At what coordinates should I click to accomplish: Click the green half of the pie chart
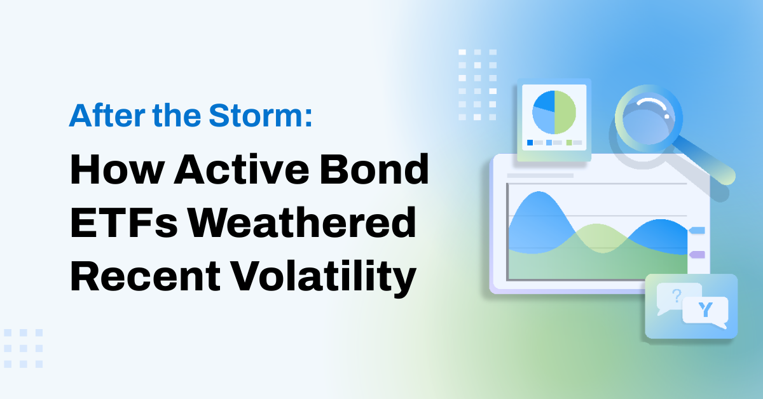coord(565,111)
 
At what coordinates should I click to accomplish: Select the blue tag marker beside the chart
coord(698,230)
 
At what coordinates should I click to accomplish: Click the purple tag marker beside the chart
coord(698,254)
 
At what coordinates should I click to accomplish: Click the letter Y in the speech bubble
coord(705,310)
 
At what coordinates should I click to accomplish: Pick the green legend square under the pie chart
coord(569,142)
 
